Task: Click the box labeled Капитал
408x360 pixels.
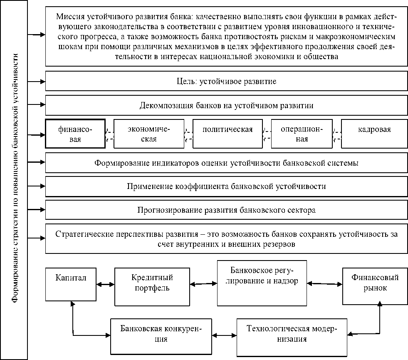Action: coord(71,285)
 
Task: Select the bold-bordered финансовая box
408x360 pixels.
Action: coord(75,134)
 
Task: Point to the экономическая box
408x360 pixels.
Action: coord(148,134)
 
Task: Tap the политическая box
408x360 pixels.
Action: coord(227,134)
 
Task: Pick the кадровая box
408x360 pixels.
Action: coord(374,134)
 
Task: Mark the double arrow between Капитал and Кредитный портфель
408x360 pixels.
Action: coord(105,285)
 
